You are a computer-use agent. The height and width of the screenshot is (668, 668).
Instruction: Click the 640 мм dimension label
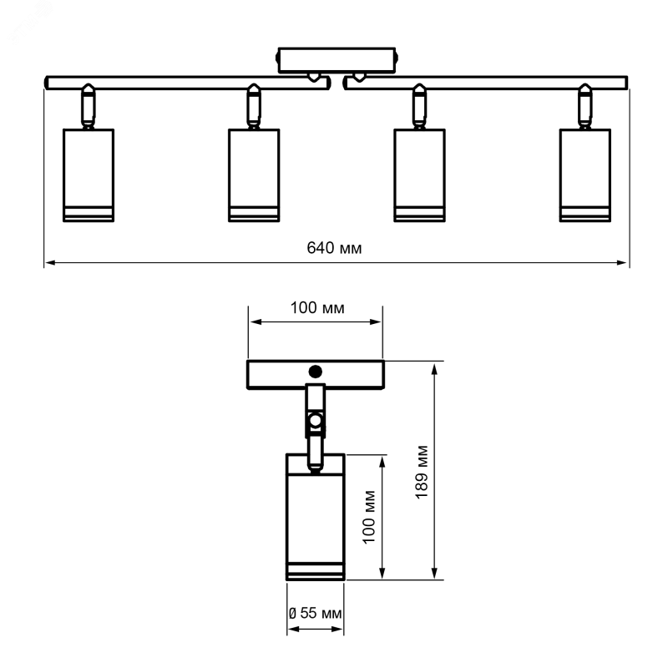(x=334, y=248)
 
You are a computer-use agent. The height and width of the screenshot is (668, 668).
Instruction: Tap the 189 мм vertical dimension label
(x=422, y=472)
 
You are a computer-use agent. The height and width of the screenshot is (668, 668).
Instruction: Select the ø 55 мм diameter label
(x=315, y=613)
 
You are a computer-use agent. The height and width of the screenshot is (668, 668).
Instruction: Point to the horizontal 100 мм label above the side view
(x=317, y=307)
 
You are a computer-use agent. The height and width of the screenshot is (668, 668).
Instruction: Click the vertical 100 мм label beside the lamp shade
(x=369, y=517)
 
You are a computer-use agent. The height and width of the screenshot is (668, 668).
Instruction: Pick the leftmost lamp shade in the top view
(x=89, y=175)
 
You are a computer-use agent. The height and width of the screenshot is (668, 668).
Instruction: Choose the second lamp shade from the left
(x=254, y=175)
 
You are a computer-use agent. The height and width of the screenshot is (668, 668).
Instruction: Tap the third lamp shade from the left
(x=420, y=175)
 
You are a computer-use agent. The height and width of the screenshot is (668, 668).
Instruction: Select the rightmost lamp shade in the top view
(x=585, y=175)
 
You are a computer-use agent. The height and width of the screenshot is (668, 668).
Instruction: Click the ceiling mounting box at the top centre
(x=337, y=60)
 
